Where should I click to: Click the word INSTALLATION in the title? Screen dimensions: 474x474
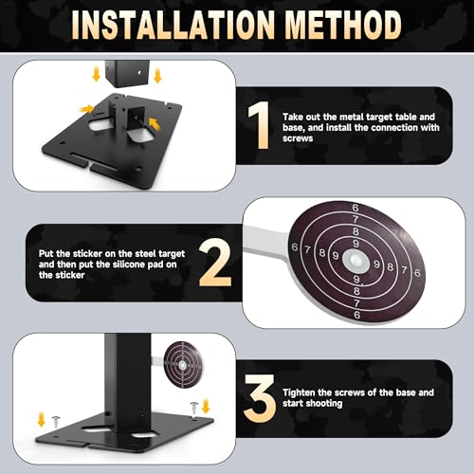[173, 25]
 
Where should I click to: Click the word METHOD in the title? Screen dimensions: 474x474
[343, 25]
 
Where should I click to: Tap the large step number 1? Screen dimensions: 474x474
[259, 125]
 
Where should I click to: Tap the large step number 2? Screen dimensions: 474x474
[215, 263]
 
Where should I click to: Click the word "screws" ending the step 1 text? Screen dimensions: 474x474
[298, 138]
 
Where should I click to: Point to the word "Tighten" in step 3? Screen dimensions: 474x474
[299, 392]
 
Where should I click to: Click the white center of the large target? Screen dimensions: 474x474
[355, 261]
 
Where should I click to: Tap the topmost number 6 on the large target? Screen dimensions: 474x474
[355, 208]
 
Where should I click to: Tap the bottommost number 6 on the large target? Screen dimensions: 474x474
[357, 315]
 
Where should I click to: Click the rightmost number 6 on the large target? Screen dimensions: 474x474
[417, 272]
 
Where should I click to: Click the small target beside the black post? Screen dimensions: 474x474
[182, 365]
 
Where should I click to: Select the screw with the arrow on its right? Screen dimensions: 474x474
[56, 422]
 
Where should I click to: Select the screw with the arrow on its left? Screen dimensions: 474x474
[194, 408]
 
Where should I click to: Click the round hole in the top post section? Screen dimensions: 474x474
[139, 73]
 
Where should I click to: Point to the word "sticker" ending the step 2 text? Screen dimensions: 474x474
[62, 275]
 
